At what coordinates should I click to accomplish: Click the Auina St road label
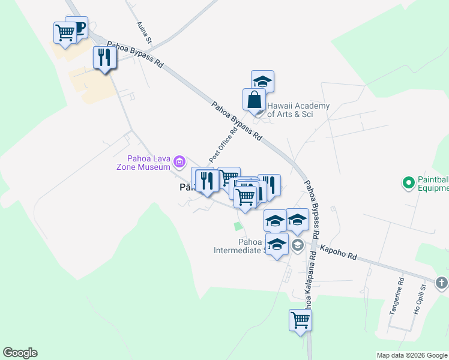click(x=145, y=33)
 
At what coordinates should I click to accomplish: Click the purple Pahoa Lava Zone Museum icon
click(x=179, y=161)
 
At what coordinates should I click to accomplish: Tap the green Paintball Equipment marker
click(x=408, y=181)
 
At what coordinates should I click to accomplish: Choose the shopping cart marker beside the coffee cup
click(x=65, y=32)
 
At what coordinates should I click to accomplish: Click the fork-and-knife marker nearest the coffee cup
click(x=104, y=58)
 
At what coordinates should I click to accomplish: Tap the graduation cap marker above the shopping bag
click(x=262, y=81)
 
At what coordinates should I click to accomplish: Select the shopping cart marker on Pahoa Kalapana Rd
click(x=300, y=320)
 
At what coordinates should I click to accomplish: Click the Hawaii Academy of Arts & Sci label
click(x=298, y=110)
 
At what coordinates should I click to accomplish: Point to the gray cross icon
click(x=441, y=282)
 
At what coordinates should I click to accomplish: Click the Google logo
click(x=20, y=353)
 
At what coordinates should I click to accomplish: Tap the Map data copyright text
click(x=412, y=355)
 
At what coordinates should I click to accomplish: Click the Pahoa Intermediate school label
click(x=239, y=246)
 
